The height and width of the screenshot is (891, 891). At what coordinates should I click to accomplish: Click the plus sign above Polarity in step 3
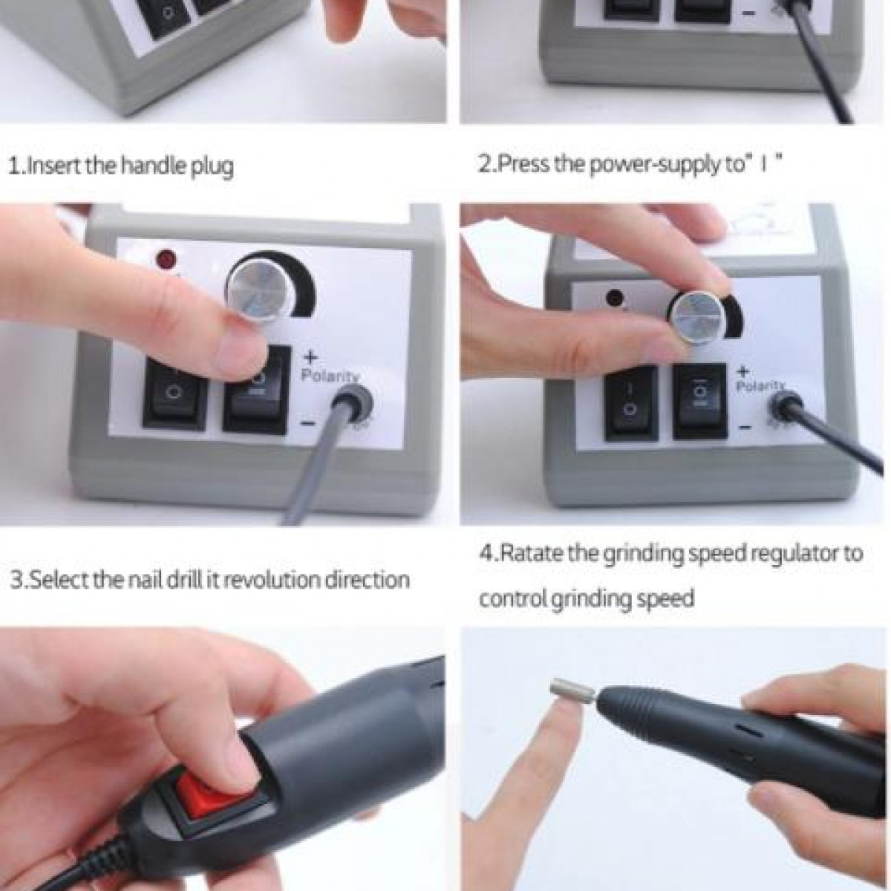coord(310,357)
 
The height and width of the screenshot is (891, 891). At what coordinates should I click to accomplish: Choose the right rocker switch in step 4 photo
coord(699,401)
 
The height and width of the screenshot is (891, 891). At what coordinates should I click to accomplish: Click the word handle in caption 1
coord(148,165)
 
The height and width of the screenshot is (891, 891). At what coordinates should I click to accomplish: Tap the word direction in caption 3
coord(365,579)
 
